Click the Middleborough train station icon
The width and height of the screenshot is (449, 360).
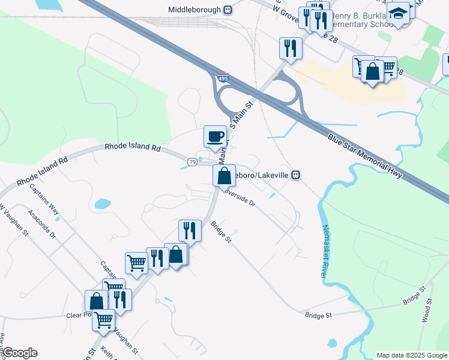tap(228, 10)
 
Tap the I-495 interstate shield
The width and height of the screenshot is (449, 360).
tap(223, 78)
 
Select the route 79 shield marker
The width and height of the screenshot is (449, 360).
tap(191, 162)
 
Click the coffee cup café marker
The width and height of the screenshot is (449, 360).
tap(215, 136)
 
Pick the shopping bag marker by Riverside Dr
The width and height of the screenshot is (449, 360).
tap(224, 176)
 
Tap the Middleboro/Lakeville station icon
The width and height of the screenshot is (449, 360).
tap(295, 175)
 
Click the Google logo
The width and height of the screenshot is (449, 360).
tap(19, 353)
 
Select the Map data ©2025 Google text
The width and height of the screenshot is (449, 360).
tap(411, 355)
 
